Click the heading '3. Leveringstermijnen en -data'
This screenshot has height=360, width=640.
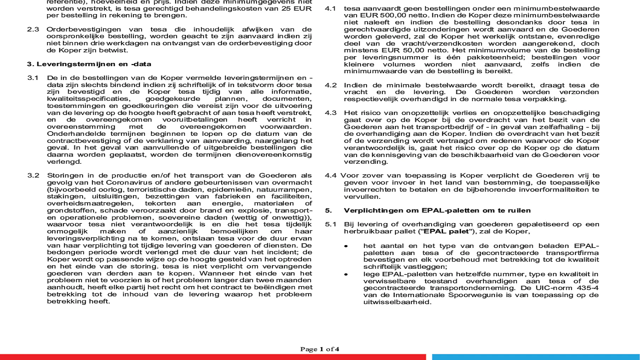click(89, 64)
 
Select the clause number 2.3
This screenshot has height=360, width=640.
click(33, 29)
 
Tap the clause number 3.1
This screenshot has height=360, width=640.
click(33, 78)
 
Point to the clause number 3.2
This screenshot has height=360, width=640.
click(33, 175)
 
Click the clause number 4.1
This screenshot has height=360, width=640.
click(330, 8)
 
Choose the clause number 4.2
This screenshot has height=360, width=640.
click(330, 85)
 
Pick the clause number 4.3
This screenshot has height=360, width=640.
click(330, 113)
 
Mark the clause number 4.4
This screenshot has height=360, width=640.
click(330, 175)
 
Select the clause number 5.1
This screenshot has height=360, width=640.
click(330, 224)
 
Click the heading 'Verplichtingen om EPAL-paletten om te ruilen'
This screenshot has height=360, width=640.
click(437, 210)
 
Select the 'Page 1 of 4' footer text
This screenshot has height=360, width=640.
click(320, 349)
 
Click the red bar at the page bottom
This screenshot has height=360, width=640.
click(212, 357)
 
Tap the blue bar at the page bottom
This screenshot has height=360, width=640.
click(535, 357)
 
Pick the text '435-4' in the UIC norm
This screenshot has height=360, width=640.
click(588, 288)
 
